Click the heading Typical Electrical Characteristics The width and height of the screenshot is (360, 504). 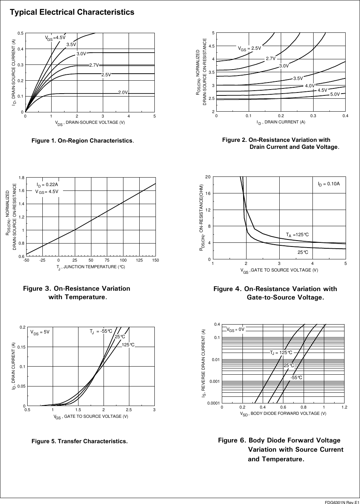click(x=72, y=12)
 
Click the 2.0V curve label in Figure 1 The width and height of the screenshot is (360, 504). click(x=123, y=92)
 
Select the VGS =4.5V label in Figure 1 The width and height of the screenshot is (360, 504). click(x=55, y=38)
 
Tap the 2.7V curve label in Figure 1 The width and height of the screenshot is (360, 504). click(x=94, y=65)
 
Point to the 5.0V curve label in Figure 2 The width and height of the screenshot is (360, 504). click(x=335, y=95)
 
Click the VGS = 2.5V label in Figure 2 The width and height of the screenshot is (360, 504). click(x=249, y=48)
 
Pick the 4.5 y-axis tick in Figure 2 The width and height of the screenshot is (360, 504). click(x=212, y=46)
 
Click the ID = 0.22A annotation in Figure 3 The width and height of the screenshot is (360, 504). click(x=47, y=185)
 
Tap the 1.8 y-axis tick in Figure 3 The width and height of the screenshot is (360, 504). click(x=22, y=178)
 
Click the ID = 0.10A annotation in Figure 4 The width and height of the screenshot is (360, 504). click(x=329, y=183)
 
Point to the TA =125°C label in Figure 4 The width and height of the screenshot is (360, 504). click(x=297, y=235)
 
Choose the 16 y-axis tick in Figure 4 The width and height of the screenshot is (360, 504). click(x=208, y=193)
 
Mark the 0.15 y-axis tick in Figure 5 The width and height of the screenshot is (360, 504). click(x=21, y=347)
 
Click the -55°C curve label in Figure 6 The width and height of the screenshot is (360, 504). click(x=296, y=378)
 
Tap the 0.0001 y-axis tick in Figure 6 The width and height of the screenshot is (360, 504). click(x=213, y=403)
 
